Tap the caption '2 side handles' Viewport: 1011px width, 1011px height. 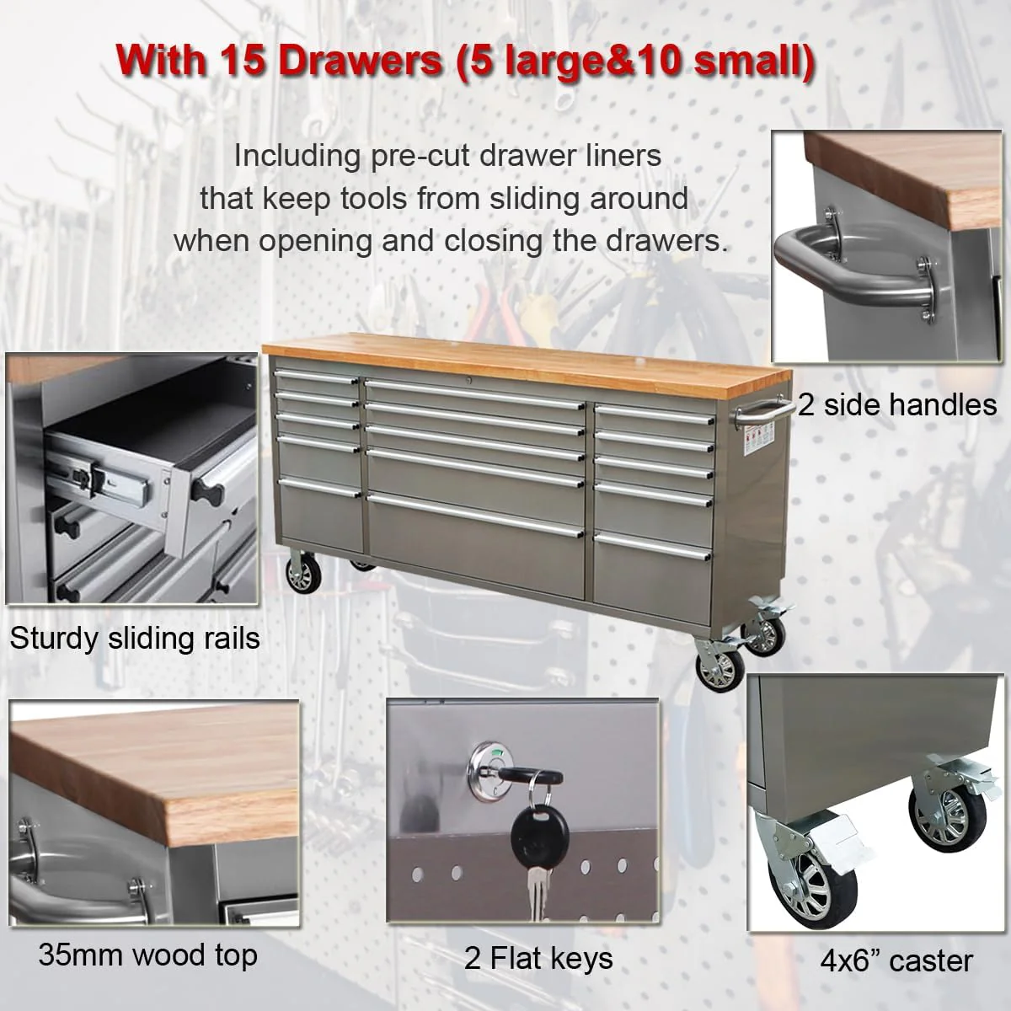click(x=897, y=405)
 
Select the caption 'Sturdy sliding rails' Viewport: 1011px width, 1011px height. click(x=135, y=639)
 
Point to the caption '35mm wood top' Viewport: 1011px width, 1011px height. click(x=147, y=955)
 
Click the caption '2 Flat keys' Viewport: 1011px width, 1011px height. click(x=538, y=958)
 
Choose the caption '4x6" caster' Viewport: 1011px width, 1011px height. click(x=896, y=961)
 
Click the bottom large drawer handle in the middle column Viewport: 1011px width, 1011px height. click(x=475, y=516)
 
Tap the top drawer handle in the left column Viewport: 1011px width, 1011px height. click(x=317, y=376)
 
